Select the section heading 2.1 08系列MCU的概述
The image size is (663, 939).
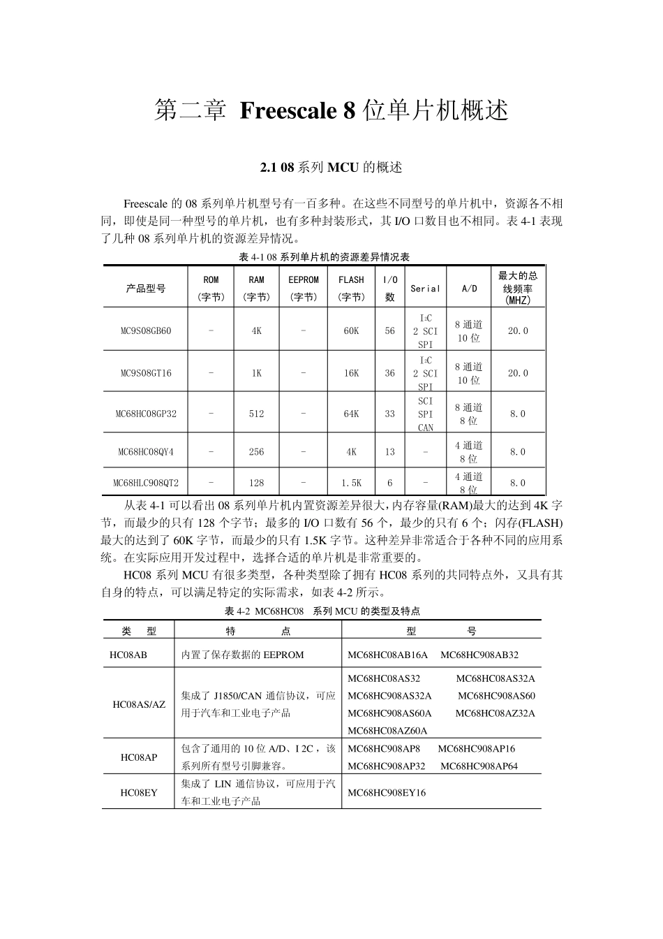[x=331, y=168]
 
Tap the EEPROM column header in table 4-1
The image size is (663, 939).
[x=304, y=280]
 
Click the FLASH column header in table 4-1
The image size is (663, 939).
[x=351, y=280]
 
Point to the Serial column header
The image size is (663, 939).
[x=425, y=289]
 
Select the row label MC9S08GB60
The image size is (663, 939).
[x=146, y=331]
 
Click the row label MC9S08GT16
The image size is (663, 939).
[x=146, y=373]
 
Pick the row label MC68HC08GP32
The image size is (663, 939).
[x=146, y=414]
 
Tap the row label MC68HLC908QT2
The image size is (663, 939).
[x=146, y=483]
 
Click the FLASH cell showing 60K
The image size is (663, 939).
[x=351, y=331]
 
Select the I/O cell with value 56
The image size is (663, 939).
[x=389, y=331]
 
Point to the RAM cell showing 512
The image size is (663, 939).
[x=257, y=414]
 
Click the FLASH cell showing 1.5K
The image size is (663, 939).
[x=351, y=483]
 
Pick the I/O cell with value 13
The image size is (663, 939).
[x=389, y=452]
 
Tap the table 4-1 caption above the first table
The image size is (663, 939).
[x=324, y=257]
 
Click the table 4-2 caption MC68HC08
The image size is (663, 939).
[x=279, y=611]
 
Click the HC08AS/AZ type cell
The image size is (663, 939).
[x=139, y=704]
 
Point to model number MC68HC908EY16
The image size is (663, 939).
[x=386, y=793]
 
